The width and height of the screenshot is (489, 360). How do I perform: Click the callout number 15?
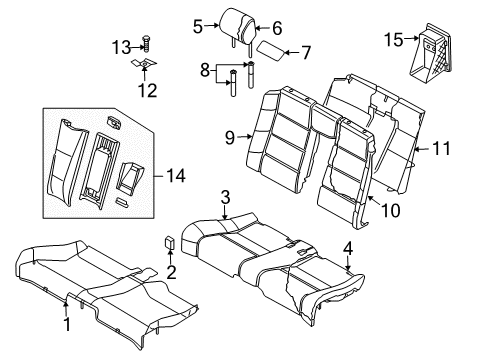click(x=394, y=40)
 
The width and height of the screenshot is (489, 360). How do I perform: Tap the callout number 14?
click(x=176, y=175)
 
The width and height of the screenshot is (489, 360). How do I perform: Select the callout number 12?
click(x=147, y=90)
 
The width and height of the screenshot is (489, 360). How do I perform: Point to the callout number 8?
click(x=205, y=70)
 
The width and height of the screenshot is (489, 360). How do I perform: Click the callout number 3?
click(x=226, y=197)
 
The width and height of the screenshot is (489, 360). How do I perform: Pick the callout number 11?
click(x=442, y=149)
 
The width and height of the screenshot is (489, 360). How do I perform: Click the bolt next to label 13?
click(x=146, y=44)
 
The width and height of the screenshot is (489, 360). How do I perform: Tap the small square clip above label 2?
click(x=170, y=242)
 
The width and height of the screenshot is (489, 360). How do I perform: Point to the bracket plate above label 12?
click(x=144, y=63)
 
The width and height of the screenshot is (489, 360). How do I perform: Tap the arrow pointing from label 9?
click(x=245, y=136)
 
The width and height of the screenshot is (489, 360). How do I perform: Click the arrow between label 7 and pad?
click(x=291, y=52)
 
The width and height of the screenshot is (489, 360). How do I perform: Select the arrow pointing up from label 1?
click(x=66, y=308)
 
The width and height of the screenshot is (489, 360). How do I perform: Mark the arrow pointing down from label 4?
click(x=348, y=263)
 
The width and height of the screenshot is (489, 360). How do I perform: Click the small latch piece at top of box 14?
click(x=114, y=122)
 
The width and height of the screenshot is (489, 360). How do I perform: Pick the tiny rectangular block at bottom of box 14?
click(x=121, y=202)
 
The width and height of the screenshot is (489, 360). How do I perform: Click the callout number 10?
click(x=391, y=211)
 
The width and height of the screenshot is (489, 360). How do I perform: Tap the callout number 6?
click(x=277, y=28)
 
